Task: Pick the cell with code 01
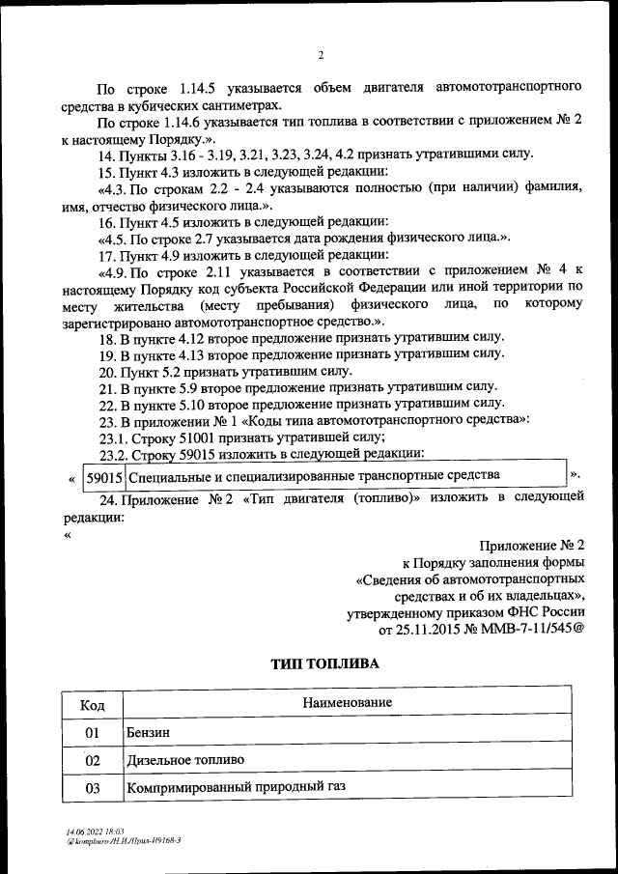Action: pyautogui.click(x=93, y=733)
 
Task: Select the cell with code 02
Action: pyautogui.click(x=93, y=761)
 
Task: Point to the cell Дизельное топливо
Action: pyautogui.click(x=184, y=761)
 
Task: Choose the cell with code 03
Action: pyautogui.click(x=93, y=788)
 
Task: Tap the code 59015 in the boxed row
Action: pyautogui.click(x=103, y=477)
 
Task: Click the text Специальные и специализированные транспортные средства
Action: pyautogui.click(x=314, y=476)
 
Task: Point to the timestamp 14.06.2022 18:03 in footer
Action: pyautogui.click(x=89, y=832)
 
